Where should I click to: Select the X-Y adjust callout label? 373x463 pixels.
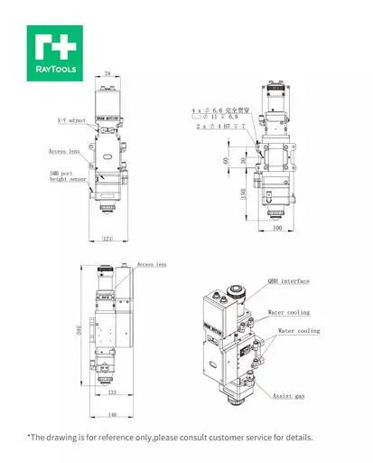(x=72, y=119)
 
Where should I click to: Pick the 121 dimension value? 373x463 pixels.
(x=108, y=239)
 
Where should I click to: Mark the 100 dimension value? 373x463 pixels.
(x=276, y=229)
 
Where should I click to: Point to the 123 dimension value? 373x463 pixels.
(x=113, y=393)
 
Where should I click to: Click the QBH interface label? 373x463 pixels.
(x=289, y=282)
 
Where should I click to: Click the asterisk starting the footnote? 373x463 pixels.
(x=30, y=438)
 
